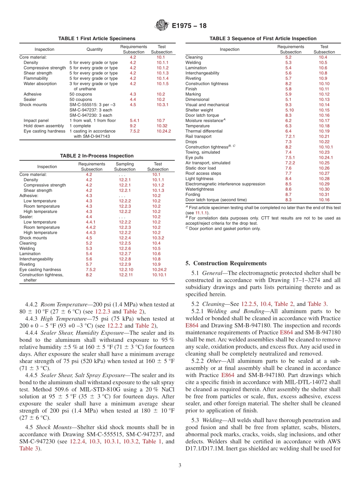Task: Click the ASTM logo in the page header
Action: tap(162, 26)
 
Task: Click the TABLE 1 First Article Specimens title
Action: tap(97, 39)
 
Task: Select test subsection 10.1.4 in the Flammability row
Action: tap(163, 78)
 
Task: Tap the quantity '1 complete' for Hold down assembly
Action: tap(80, 126)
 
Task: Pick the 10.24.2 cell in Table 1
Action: tap(164, 131)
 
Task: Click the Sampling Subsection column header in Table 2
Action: tap(125, 167)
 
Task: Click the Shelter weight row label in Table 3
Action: tap(199, 110)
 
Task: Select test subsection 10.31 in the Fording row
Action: tap(324, 194)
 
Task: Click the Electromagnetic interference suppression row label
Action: tap(225, 184)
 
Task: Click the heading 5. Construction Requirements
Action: tap(226, 263)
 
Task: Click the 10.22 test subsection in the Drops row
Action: tap(324, 142)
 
